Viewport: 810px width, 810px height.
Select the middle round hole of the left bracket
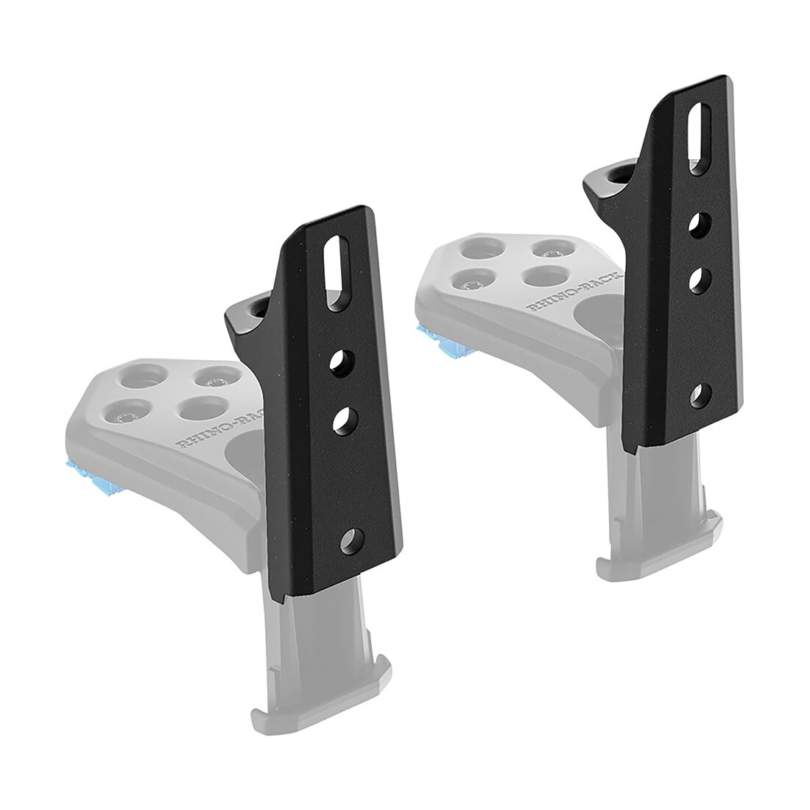point(343,420)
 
